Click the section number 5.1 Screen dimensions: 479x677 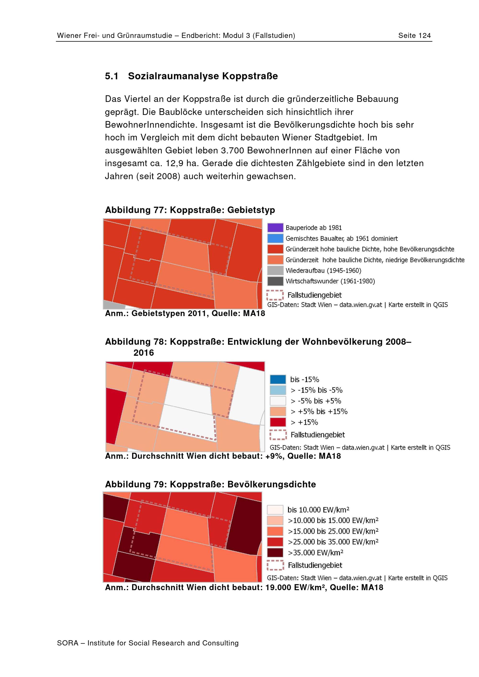tap(112, 76)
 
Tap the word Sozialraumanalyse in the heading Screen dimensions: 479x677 tap(174, 76)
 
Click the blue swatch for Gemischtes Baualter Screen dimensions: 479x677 tap(275, 238)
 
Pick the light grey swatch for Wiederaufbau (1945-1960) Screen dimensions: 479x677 tap(275, 270)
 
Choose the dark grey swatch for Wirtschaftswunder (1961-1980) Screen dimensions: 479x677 tap(275, 281)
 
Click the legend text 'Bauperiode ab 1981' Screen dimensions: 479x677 tap(314, 228)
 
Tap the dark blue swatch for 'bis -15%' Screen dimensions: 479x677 tap(278, 379)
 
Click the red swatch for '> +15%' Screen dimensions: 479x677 tap(278, 422)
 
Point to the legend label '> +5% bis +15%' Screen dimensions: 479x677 tap(319, 411)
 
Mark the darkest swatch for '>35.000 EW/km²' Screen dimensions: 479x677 tap(275, 552)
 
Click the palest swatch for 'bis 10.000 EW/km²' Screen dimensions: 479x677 tap(275, 510)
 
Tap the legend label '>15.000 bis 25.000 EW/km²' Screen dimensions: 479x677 tap(333, 531)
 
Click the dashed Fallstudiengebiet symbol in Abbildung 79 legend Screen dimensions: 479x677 tap(275, 565)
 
